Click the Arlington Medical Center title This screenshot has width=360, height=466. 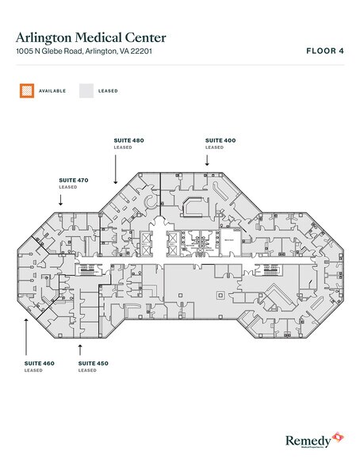click(x=90, y=36)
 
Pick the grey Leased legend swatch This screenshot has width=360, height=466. click(x=86, y=91)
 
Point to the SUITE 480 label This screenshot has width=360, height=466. click(x=128, y=140)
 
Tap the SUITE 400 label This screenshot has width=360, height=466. click(x=220, y=140)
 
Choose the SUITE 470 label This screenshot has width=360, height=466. click(x=73, y=180)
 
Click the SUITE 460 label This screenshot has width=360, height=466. click(x=40, y=363)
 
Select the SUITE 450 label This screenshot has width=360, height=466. click(x=94, y=363)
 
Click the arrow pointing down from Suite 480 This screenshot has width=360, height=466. click(x=116, y=168)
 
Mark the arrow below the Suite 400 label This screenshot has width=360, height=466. click(x=208, y=159)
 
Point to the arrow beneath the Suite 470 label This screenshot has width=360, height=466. click(x=61, y=199)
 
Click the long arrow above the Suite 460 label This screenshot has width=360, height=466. click(x=27, y=333)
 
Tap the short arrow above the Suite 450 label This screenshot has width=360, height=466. click(x=81, y=348)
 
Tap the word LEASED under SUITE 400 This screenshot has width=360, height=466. click(x=214, y=147)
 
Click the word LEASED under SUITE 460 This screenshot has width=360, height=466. click(x=33, y=370)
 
